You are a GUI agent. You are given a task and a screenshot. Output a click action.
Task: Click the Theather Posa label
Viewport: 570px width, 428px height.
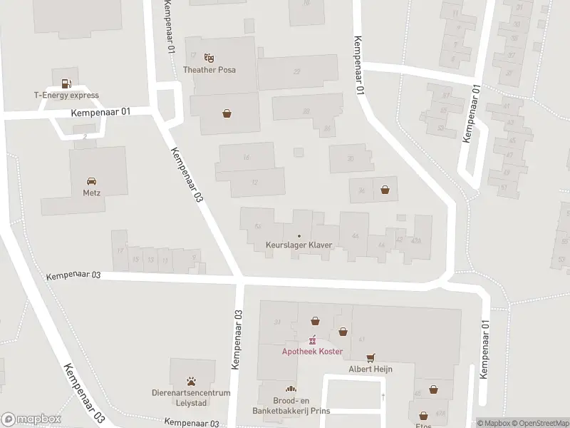(x=209, y=70)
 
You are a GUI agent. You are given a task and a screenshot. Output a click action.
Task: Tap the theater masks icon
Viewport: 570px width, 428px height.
(x=209, y=57)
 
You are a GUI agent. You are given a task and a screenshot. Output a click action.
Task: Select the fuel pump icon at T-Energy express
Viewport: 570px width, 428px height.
(x=66, y=83)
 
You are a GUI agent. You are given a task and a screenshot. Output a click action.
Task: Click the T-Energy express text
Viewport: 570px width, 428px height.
(x=66, y=96)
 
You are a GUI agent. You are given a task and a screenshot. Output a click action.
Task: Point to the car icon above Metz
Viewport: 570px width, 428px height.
(x=92, y=180)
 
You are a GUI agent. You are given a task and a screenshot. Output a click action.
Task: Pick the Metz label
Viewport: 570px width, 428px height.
(x=92, y=193)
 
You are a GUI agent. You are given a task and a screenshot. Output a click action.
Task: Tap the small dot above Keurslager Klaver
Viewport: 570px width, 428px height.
(x=299, y=236)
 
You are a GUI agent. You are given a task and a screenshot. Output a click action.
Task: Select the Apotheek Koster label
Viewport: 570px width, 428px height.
(x=312, y=352)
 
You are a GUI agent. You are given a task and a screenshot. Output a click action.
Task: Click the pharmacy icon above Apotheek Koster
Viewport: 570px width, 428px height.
(x=312, y=340)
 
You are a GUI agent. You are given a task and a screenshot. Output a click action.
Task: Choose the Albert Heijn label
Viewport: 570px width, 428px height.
(x=370, y=370)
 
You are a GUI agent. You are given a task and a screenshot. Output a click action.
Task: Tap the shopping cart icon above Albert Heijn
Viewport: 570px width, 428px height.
(x=370, y=357)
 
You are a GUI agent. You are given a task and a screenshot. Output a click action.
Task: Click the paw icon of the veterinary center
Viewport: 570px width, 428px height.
(x=192, y=381)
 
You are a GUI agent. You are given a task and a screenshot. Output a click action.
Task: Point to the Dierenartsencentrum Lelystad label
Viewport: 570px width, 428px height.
(x=192, y=397)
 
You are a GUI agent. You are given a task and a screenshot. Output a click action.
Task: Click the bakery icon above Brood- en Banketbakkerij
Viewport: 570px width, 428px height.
(x=290, y=389)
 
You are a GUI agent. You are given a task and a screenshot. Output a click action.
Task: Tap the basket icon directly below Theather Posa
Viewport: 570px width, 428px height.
(x=227, y=113)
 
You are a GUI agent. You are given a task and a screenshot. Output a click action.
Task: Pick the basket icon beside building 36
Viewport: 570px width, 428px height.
(x=385, y=189)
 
